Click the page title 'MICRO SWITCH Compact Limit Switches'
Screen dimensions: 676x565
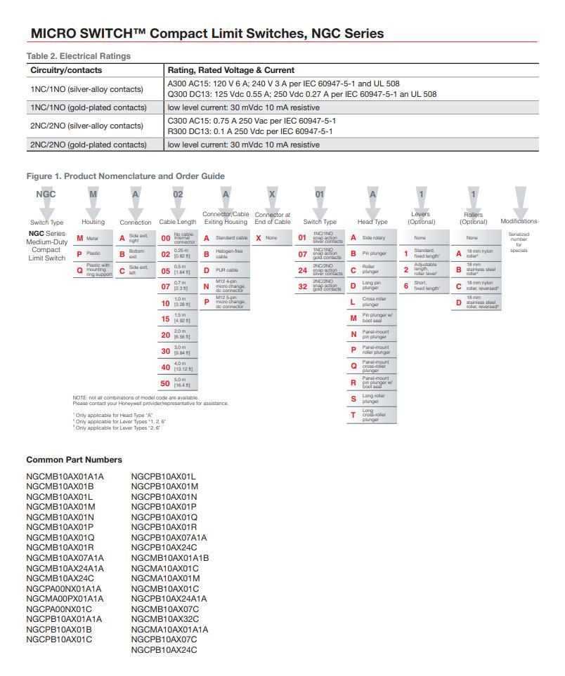pos(207,33)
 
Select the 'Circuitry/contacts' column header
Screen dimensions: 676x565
pos(66,70)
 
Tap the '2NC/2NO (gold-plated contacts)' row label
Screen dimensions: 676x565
pos(88,145)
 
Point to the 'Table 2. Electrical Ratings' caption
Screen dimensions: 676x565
pos(78,55)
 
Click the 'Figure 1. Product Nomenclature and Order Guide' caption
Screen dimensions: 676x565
pos(125,176)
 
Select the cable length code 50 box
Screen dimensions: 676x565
pos(179,383)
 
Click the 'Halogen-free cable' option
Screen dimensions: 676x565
pos(225,254)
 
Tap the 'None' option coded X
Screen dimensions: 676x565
pos(271,238)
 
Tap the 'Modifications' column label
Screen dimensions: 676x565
pos(519,221)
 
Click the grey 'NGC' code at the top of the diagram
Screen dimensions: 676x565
pos(46,194)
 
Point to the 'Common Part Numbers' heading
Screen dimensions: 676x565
pos(74,460)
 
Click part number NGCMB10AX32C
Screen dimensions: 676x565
pos(164,619)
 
